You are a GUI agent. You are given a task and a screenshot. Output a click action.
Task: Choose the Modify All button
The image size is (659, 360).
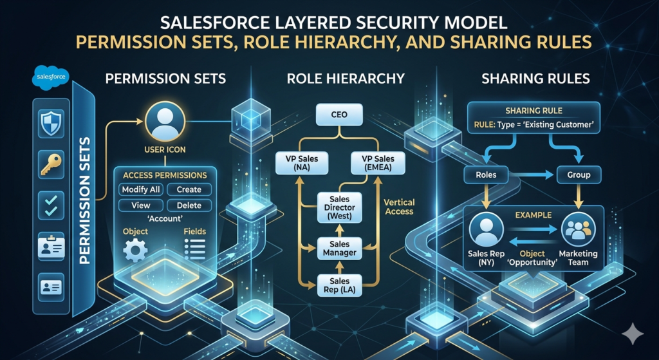click(140, 190)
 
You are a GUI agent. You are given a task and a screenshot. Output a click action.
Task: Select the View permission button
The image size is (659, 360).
click(140, 205)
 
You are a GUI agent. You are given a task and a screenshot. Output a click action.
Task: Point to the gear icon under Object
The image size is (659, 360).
click(135, 249)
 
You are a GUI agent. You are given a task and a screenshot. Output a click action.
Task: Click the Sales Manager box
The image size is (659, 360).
click(339, 248)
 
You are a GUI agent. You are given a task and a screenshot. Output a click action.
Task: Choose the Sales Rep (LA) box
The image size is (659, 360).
click(339, 285)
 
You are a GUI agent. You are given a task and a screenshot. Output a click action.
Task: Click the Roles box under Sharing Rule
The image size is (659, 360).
click(485, 175)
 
